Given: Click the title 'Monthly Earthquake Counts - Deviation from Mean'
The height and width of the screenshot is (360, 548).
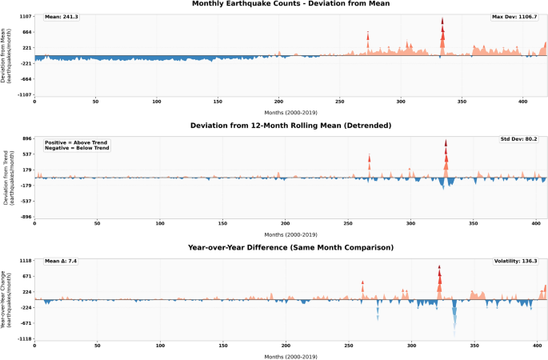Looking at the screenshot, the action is (290, 4).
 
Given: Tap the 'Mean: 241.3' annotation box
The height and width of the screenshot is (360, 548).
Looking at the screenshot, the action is (62, 17).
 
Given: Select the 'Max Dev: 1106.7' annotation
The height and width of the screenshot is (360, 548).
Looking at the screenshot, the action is (514, 17).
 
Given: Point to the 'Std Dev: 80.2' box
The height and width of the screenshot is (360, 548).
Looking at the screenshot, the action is (518, 139).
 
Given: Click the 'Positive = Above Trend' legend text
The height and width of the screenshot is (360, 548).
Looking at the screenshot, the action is (76, 142).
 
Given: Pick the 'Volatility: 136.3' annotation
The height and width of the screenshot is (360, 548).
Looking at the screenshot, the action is (515, 261).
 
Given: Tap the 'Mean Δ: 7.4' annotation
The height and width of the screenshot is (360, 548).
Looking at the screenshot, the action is (61, 261).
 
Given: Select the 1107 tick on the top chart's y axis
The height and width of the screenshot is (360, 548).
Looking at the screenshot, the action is (27, 17).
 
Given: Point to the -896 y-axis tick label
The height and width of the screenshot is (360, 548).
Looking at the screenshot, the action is (26, 217).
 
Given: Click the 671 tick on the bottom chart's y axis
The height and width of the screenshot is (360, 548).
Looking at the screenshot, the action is (28, 276).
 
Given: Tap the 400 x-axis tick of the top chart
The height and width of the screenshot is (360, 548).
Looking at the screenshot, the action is (523, 102).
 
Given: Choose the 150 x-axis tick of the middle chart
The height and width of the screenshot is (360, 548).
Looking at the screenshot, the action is (222, 223).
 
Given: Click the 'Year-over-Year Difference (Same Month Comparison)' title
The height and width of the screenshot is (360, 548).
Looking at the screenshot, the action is (290, 247).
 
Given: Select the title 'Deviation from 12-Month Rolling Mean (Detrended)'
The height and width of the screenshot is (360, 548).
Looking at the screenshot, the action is (290, 126).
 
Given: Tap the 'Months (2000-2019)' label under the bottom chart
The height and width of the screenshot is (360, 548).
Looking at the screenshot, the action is (290, 357).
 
